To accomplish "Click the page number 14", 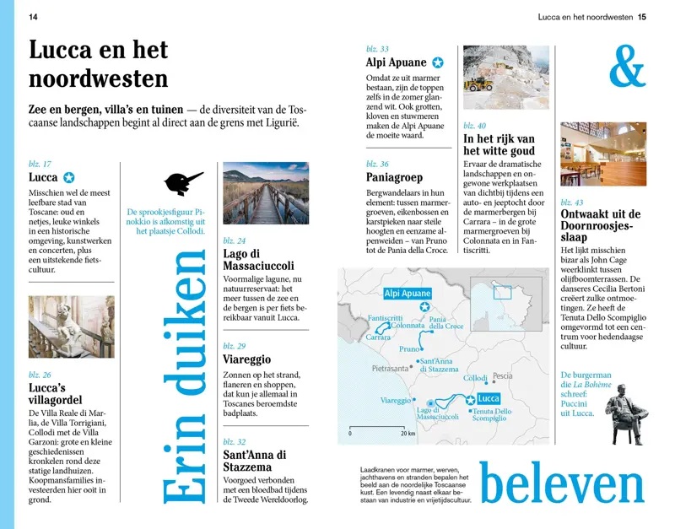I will pos(33,16).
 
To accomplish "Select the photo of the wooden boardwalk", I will pos(266,192).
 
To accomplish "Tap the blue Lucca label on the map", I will pos(489,398).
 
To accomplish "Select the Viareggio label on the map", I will pos(396,400).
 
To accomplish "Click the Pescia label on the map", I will pos(502,375).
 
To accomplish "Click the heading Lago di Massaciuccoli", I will pos(258,260).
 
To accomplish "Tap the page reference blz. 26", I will pos(40,375).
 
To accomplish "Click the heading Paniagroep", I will pos(393,178).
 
